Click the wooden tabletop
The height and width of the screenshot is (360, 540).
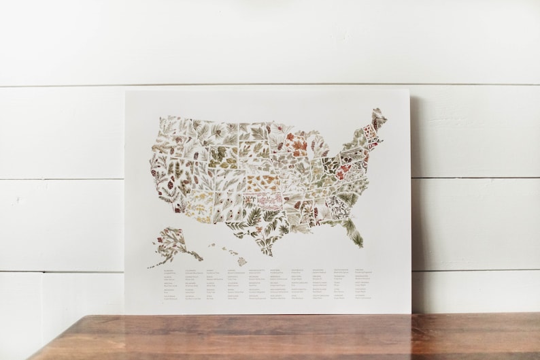[272, 337]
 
